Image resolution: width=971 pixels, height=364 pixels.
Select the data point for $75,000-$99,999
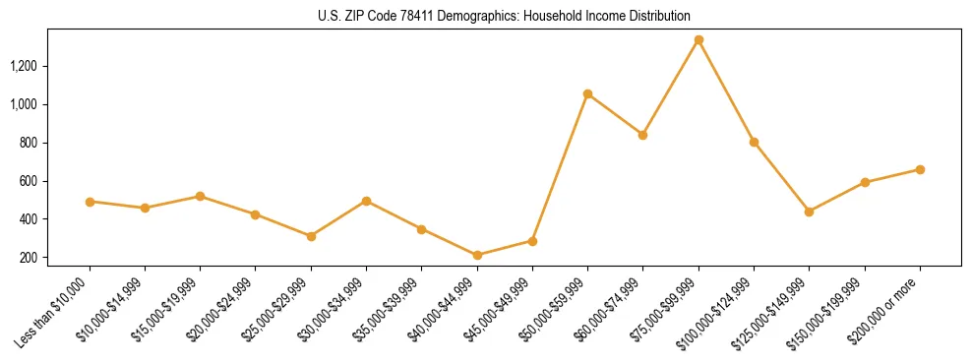698,40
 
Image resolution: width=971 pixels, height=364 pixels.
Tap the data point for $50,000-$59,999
587,94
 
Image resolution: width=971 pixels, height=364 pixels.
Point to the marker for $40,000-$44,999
477,255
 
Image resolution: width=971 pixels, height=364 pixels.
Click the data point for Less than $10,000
90,202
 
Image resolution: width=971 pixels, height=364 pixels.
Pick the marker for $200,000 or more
920,169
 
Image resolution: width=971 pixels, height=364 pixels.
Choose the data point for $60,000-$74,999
642,135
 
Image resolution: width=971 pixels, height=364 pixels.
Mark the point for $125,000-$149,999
809,212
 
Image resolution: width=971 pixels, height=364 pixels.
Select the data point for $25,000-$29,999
311,236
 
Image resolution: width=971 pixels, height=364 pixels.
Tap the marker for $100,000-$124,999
754,142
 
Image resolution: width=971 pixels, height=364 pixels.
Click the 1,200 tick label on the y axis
24,66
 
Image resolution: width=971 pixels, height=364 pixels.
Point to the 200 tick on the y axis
29,258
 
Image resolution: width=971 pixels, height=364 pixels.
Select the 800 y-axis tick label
29,143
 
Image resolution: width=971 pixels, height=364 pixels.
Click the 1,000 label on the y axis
24,104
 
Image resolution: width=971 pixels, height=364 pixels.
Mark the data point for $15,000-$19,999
200,197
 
